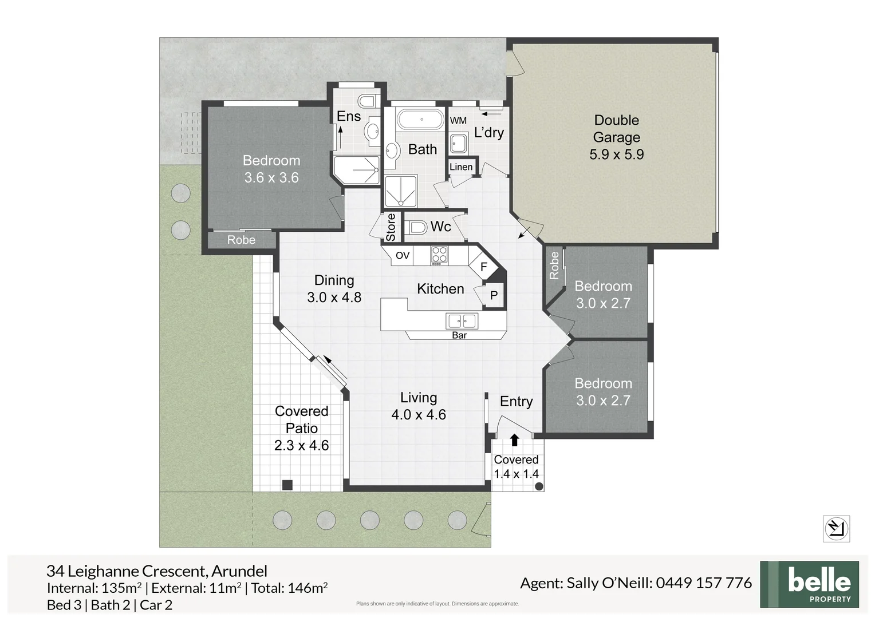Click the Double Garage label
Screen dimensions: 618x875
click(x=616, y=129)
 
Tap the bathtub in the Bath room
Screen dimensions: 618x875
click(x=421, y=120)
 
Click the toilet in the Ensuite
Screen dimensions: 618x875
click(x=366, y=101)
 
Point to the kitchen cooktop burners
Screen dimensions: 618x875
click(x=439, y=255)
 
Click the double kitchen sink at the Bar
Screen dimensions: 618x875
click(x=462, y=321)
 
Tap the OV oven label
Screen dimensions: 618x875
click(x=403, y=255)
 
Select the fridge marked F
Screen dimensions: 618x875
click(x=483, y=267)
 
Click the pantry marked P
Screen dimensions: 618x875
click(x=494, y=295)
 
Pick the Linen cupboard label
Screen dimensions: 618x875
click(x=461, y=167)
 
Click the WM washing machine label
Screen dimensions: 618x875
click(x=458, y=121)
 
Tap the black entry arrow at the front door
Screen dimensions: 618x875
click(x=514, y=439)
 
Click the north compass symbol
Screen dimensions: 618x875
click(x=836, y=528)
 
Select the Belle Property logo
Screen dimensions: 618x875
click(x=809, y=584)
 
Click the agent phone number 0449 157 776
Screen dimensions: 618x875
click(x=704, y=583)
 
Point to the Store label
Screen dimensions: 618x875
click(x=391, y=227)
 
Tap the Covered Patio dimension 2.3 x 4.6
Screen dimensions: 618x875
click(x=301, y=445)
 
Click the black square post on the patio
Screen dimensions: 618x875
click(x=287, y=485)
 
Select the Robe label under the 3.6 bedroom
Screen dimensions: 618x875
click(x=241, y=240)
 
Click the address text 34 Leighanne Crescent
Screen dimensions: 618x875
click(x=126, y=571)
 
